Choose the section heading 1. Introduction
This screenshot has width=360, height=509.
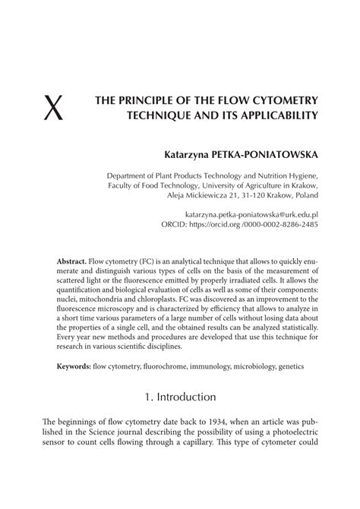tap(179, 418)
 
